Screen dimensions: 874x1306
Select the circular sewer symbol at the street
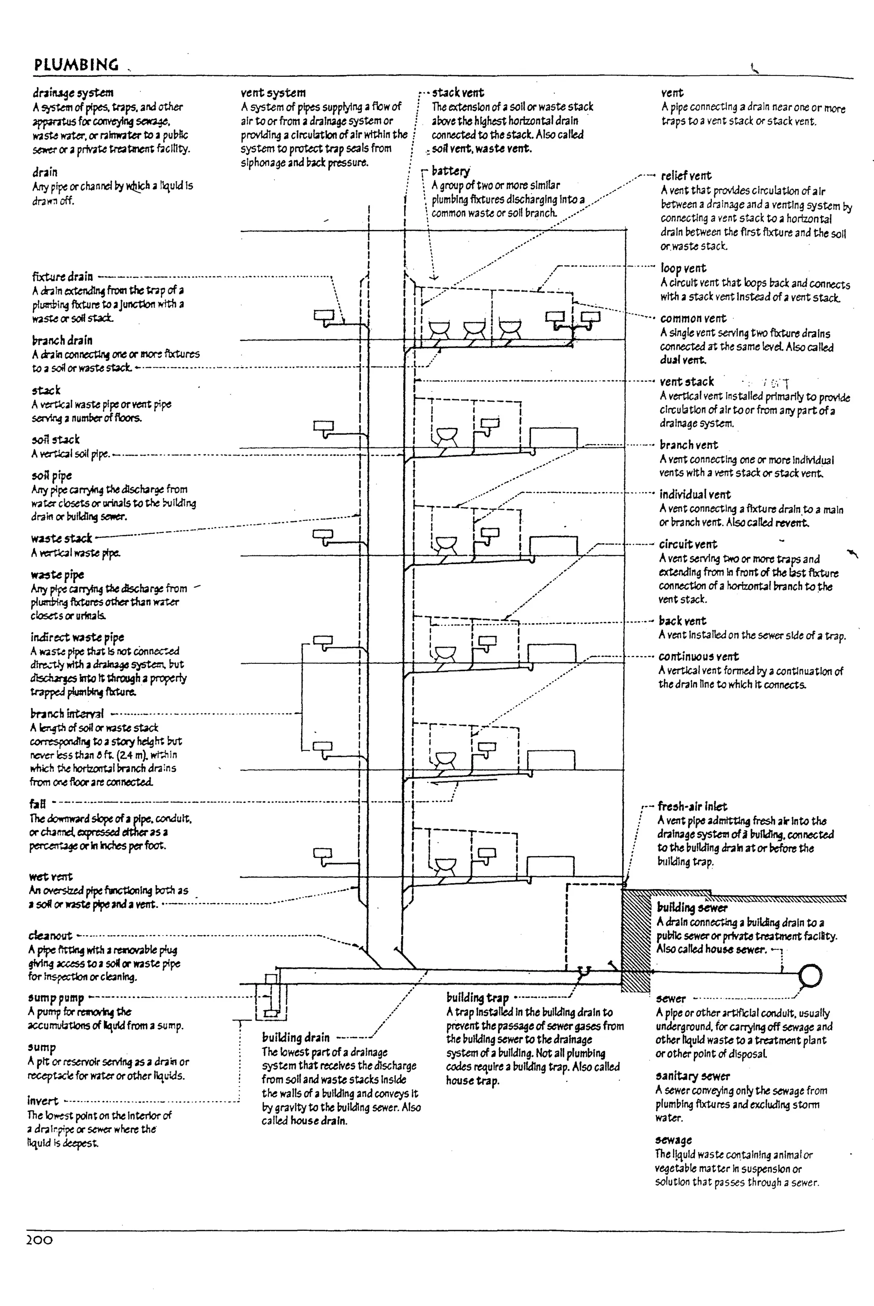click(x=810, y=975)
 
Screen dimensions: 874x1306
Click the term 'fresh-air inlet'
click(x=692, y=806)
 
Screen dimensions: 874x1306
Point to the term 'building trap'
click(x=477, y=998)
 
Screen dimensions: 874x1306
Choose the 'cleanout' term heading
click(x=50, y=936)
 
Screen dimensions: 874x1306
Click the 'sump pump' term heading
click(x=56, y=998)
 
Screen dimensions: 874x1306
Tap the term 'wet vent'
click(x=51, y=876)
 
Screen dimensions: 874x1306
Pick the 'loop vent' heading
click(x=683, y=268)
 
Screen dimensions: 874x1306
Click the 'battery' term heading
click(x=450, y=171)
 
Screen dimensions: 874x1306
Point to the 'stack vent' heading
click(x=457, y=93)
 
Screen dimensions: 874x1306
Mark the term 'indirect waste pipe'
click(x=77, y=637)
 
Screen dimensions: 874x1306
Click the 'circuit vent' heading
click(x=688, y=544)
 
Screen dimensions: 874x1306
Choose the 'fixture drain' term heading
click(x=62, y=276)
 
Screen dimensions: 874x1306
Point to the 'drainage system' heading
click(x=73, y=93)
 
